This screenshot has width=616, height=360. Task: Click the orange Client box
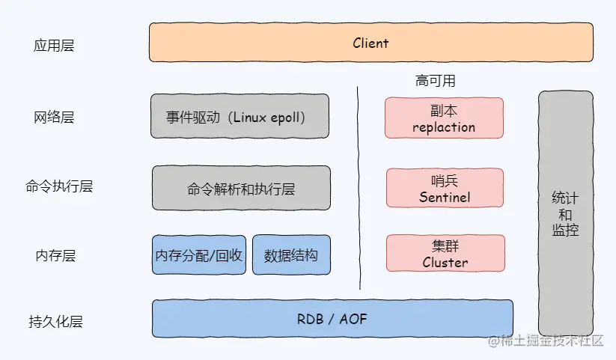click(x=370, y=43)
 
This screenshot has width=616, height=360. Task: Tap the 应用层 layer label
click(x=54, y=46)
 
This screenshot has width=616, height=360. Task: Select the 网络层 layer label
click(x=54, y=117)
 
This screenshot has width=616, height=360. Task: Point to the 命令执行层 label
click(x=59, y=186)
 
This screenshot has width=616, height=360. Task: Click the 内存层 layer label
click(x=55, y=255)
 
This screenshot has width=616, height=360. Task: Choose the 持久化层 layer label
click(x=55, y=322)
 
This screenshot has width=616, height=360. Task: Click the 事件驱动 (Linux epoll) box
click(x=240, y=116)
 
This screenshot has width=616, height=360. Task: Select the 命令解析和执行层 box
click(x=241, y=188)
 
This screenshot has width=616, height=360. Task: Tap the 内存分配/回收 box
click(x=199, y=254)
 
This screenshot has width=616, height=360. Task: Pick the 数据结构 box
click(x=291, y=254)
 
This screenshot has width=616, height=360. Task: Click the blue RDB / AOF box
click(x=332, y=318)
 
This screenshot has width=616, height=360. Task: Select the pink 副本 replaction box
click(x=444, y=118)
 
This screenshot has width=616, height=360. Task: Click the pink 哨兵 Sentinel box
click(x=445, y=188)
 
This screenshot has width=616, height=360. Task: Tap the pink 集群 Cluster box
click(x=445, y=253)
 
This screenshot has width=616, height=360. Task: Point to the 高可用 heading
click(x=436, y=81)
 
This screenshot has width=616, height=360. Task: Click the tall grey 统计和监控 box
click(x=566, y=213)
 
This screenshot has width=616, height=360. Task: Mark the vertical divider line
click(x=359, y=188)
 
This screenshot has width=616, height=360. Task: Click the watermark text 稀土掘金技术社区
click(x=546, y=341)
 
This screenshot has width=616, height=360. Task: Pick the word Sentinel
click(x=445, y=197)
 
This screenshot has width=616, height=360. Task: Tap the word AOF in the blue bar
click(x=353, y=319)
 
